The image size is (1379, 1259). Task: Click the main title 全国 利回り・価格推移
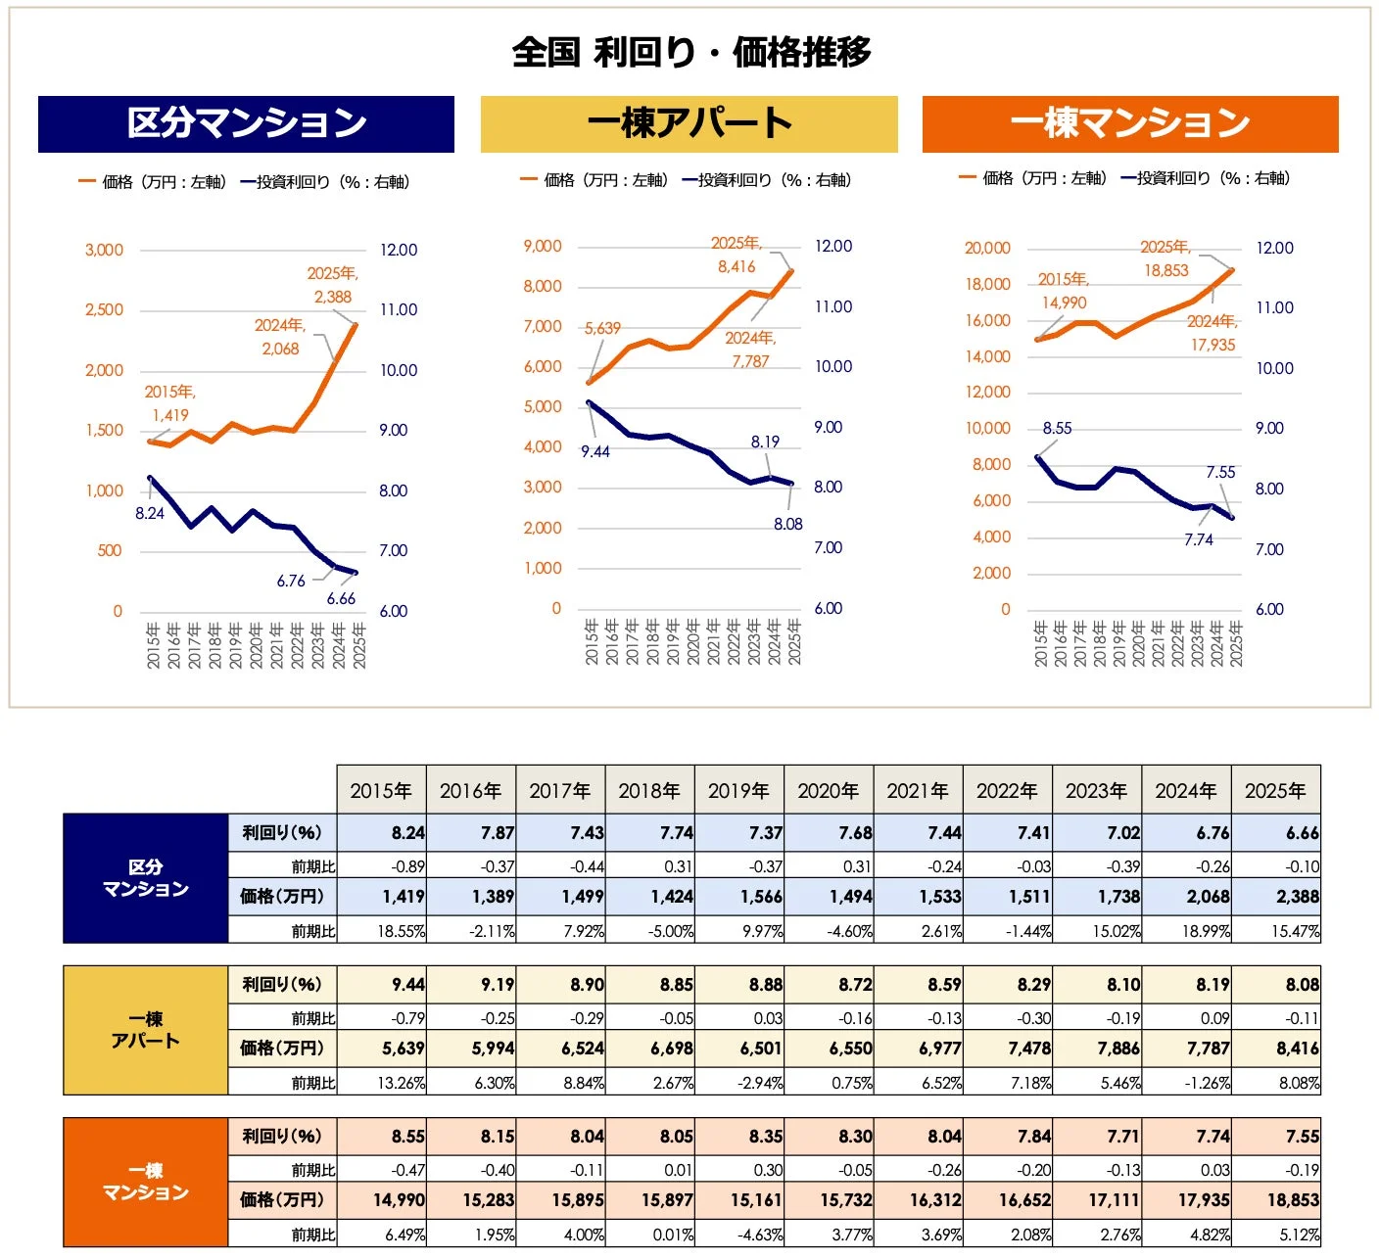point(690,52)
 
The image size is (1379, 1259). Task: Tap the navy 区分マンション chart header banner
point(246,124)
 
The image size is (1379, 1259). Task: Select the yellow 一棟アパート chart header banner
point(689,124)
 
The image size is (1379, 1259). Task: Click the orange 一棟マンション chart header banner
point(1130,124)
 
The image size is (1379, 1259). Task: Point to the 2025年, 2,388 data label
point(333,285)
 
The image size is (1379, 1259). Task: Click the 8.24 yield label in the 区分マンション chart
point(150,513)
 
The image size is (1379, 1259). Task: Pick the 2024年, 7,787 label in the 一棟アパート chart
point(750,350)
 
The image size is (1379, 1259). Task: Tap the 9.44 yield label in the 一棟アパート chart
point(595,451)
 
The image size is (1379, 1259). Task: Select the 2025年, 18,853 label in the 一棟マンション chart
point(1165,258)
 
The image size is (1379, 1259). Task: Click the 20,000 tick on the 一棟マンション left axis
point(987,249)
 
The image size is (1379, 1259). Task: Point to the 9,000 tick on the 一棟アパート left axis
point(543,247)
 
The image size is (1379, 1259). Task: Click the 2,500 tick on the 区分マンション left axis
point(104,310)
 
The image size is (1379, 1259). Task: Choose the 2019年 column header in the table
point(738,790)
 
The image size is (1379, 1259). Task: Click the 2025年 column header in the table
point(1275,790)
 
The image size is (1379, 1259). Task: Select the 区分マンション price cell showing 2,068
point(1186,896)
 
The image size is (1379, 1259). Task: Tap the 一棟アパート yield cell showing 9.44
point(382,984)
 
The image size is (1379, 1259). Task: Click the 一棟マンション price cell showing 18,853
point(1275,1199)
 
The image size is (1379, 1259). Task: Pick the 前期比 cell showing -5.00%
point(650,931)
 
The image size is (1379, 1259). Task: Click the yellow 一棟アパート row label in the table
point(146,1030)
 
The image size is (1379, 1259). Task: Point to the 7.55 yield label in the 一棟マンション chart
point(1220,473)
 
